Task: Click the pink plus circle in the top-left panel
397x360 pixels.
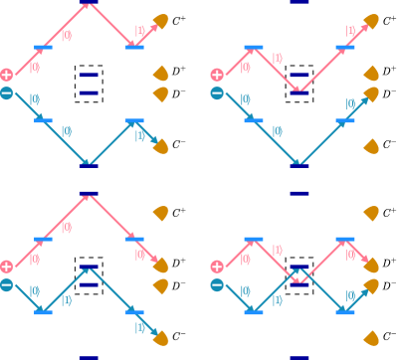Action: [x=7, y=75]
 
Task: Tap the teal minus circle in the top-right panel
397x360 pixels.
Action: [x=217, y=93]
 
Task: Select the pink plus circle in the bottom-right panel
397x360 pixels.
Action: [x=217, y=267]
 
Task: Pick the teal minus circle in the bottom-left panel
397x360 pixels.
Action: [x=7, y=285]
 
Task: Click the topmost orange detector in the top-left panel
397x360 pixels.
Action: [x=161, y=21]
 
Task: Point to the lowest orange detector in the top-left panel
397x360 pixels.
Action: [x=161, y=146]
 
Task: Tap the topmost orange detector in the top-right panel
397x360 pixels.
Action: [x=371, y=21]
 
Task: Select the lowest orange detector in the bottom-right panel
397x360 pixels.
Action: [x=371, y=338]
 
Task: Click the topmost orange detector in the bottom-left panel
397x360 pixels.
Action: [x=161, y=213]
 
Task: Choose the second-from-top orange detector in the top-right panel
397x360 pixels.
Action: [x=371, y=74]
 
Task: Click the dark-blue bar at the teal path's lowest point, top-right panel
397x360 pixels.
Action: [x=299, y=166]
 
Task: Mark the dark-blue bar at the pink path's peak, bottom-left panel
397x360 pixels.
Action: [x=89, y=193]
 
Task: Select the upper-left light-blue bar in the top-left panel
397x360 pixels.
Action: [x=43, y=47]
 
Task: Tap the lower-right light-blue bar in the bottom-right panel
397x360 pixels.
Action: [x=345, y=312]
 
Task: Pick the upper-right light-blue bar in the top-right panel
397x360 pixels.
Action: [x=345, y=47]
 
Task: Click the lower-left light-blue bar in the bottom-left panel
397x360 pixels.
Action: [x=43, y=312]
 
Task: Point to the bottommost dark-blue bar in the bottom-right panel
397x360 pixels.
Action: [x=299, y=357]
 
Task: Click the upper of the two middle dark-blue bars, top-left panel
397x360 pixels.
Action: [x=89, y=75]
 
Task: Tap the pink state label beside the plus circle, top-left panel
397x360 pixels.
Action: [x=34, y=69]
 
